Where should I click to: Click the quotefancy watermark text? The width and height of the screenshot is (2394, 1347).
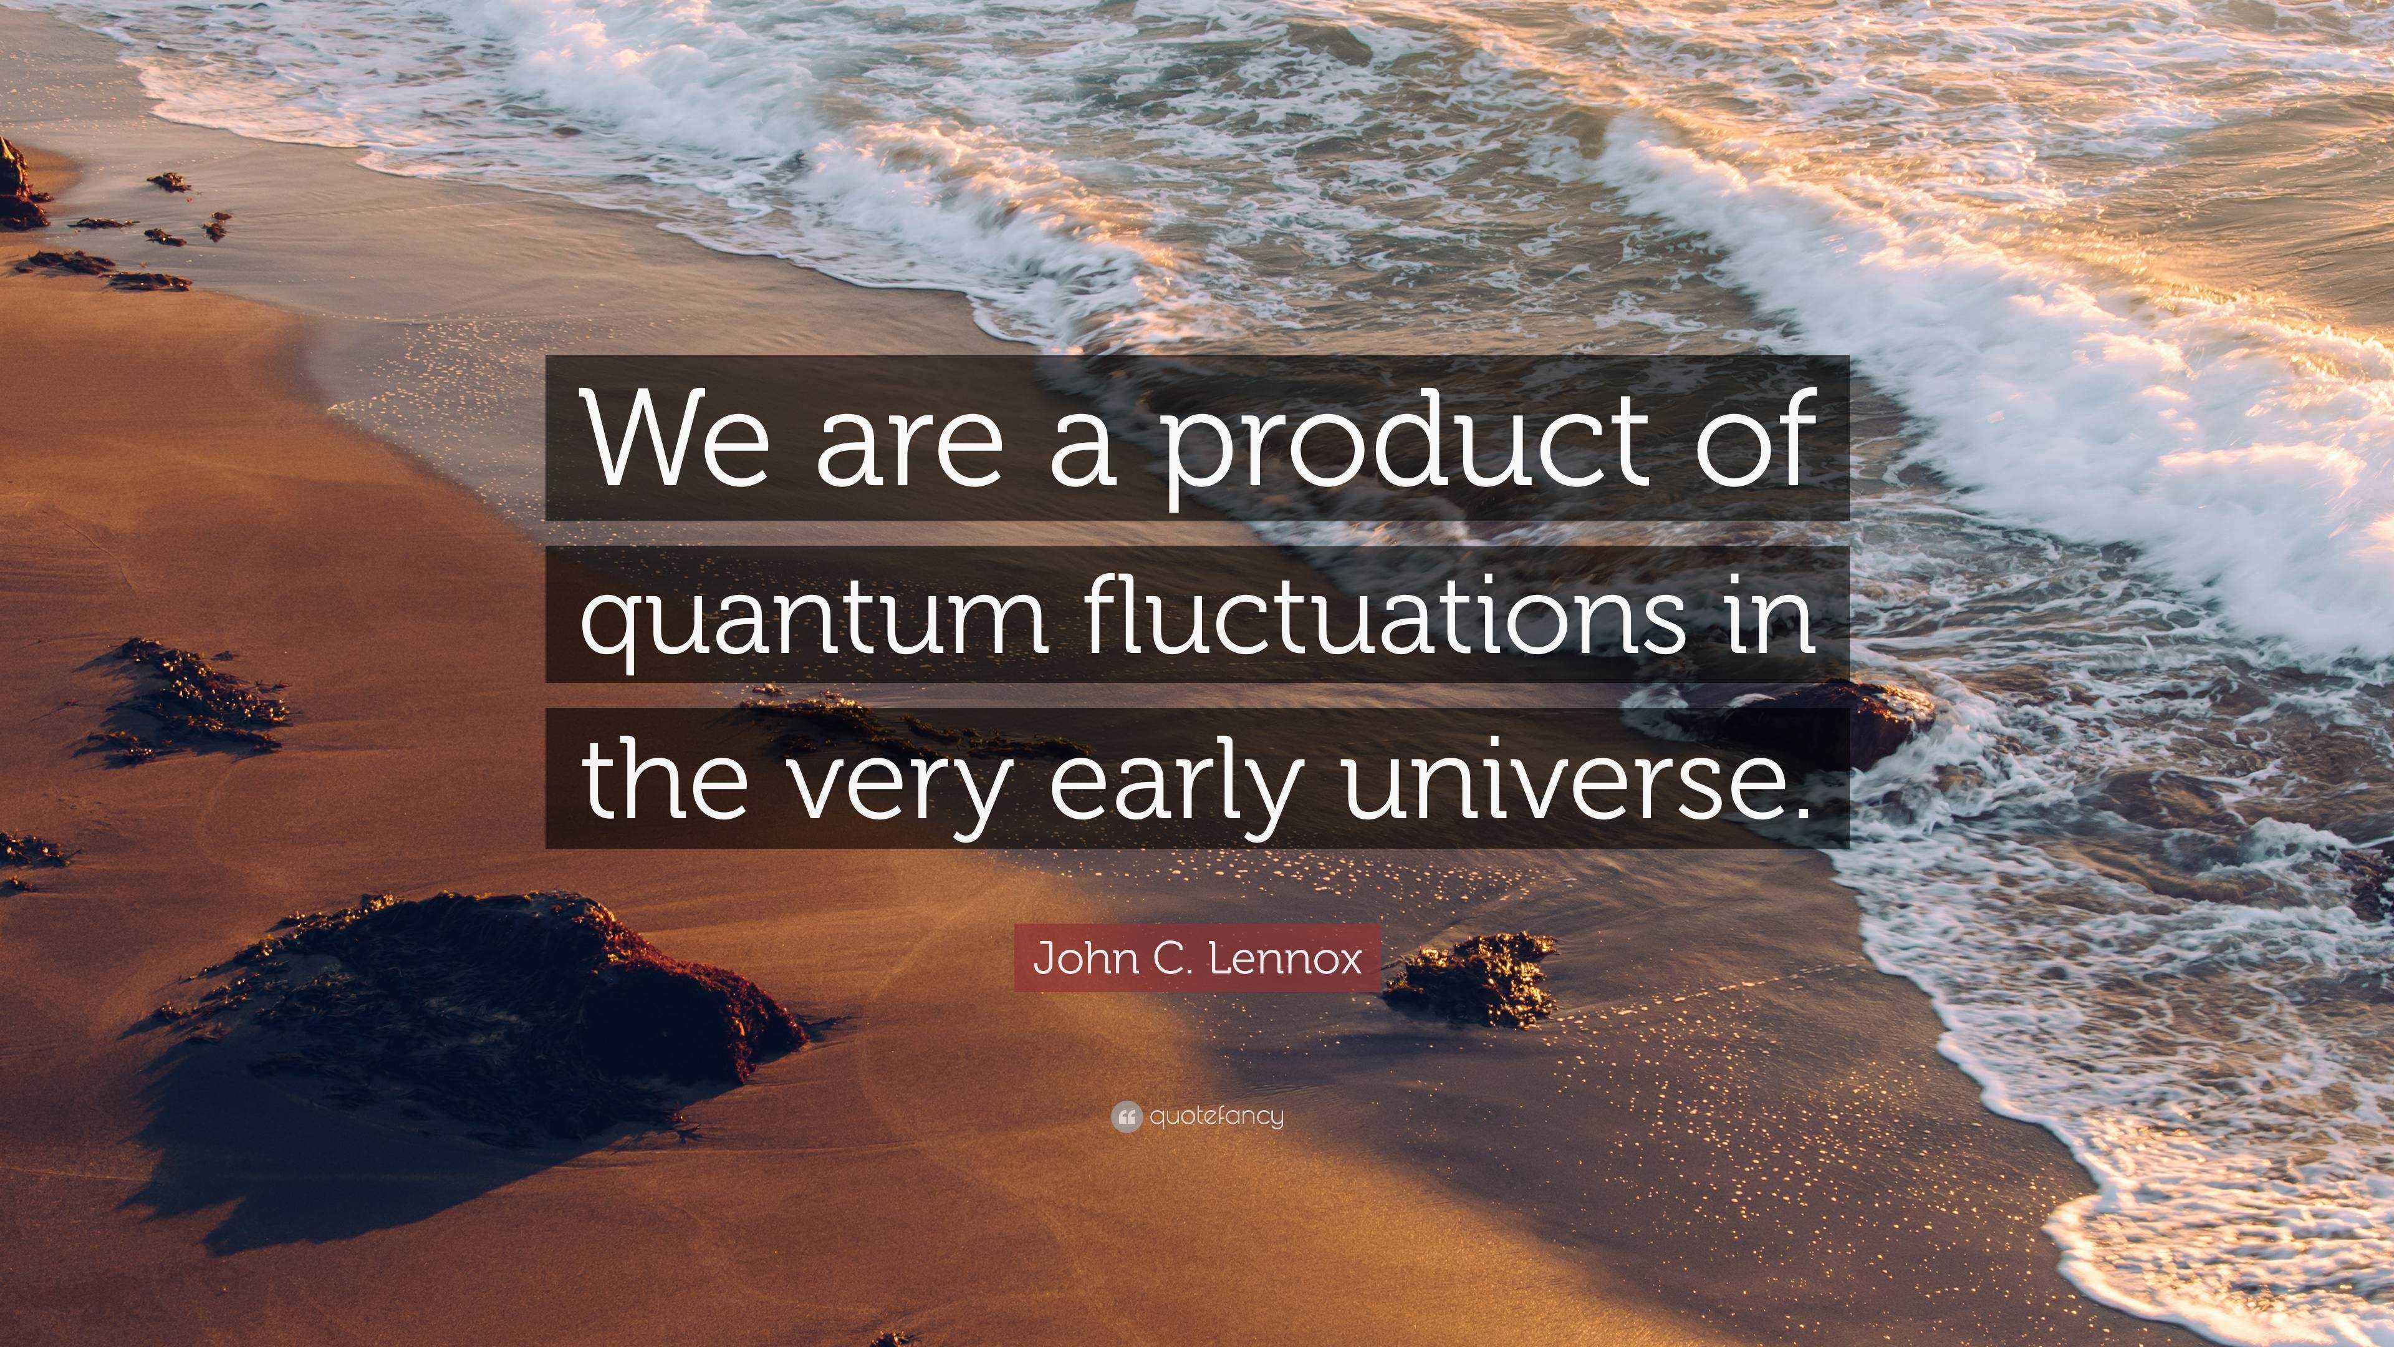click(x=1216, y=1116)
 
